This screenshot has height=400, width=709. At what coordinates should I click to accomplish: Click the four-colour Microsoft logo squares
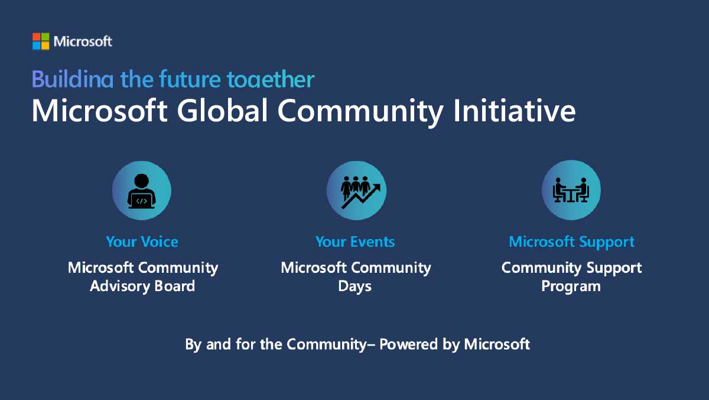(x=41, y=41)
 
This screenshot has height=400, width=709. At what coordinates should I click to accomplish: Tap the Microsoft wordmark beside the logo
(x=83, y=41)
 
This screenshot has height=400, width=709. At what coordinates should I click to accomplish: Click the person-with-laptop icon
(x=142, y=191)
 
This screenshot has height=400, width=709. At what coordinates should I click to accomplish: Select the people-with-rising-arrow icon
(x=356, y=191)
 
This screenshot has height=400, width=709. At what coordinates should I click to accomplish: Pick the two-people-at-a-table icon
(x=571, y=191)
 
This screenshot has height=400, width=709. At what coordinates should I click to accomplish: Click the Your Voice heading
(x=142, y=241)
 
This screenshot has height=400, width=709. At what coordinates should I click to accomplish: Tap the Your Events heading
(x=355, y=241)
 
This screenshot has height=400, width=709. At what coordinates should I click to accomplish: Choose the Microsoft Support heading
(x=571, y=241)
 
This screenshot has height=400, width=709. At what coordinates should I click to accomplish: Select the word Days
(x=354, y=286)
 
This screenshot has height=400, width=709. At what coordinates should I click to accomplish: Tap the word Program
(x=571, y=287)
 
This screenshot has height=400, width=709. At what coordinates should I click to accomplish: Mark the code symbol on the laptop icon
(x=141, y=201)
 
